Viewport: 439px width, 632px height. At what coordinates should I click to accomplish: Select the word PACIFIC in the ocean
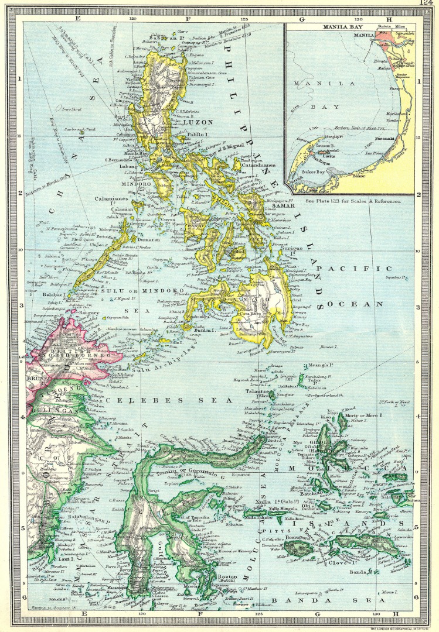point(367,268)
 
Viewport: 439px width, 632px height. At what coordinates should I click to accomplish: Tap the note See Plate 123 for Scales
point(353,201)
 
